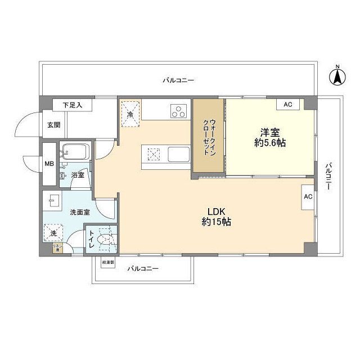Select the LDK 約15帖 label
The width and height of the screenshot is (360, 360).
217,216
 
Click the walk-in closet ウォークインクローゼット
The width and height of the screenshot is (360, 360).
209,137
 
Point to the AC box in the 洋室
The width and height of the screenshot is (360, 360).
288,105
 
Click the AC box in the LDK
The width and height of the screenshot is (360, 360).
308,197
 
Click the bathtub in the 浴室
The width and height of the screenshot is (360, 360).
76,152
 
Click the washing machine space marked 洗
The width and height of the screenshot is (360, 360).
53,232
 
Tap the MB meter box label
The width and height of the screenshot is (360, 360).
49,164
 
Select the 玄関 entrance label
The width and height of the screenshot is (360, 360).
53,125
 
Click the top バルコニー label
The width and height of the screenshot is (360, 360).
178,80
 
